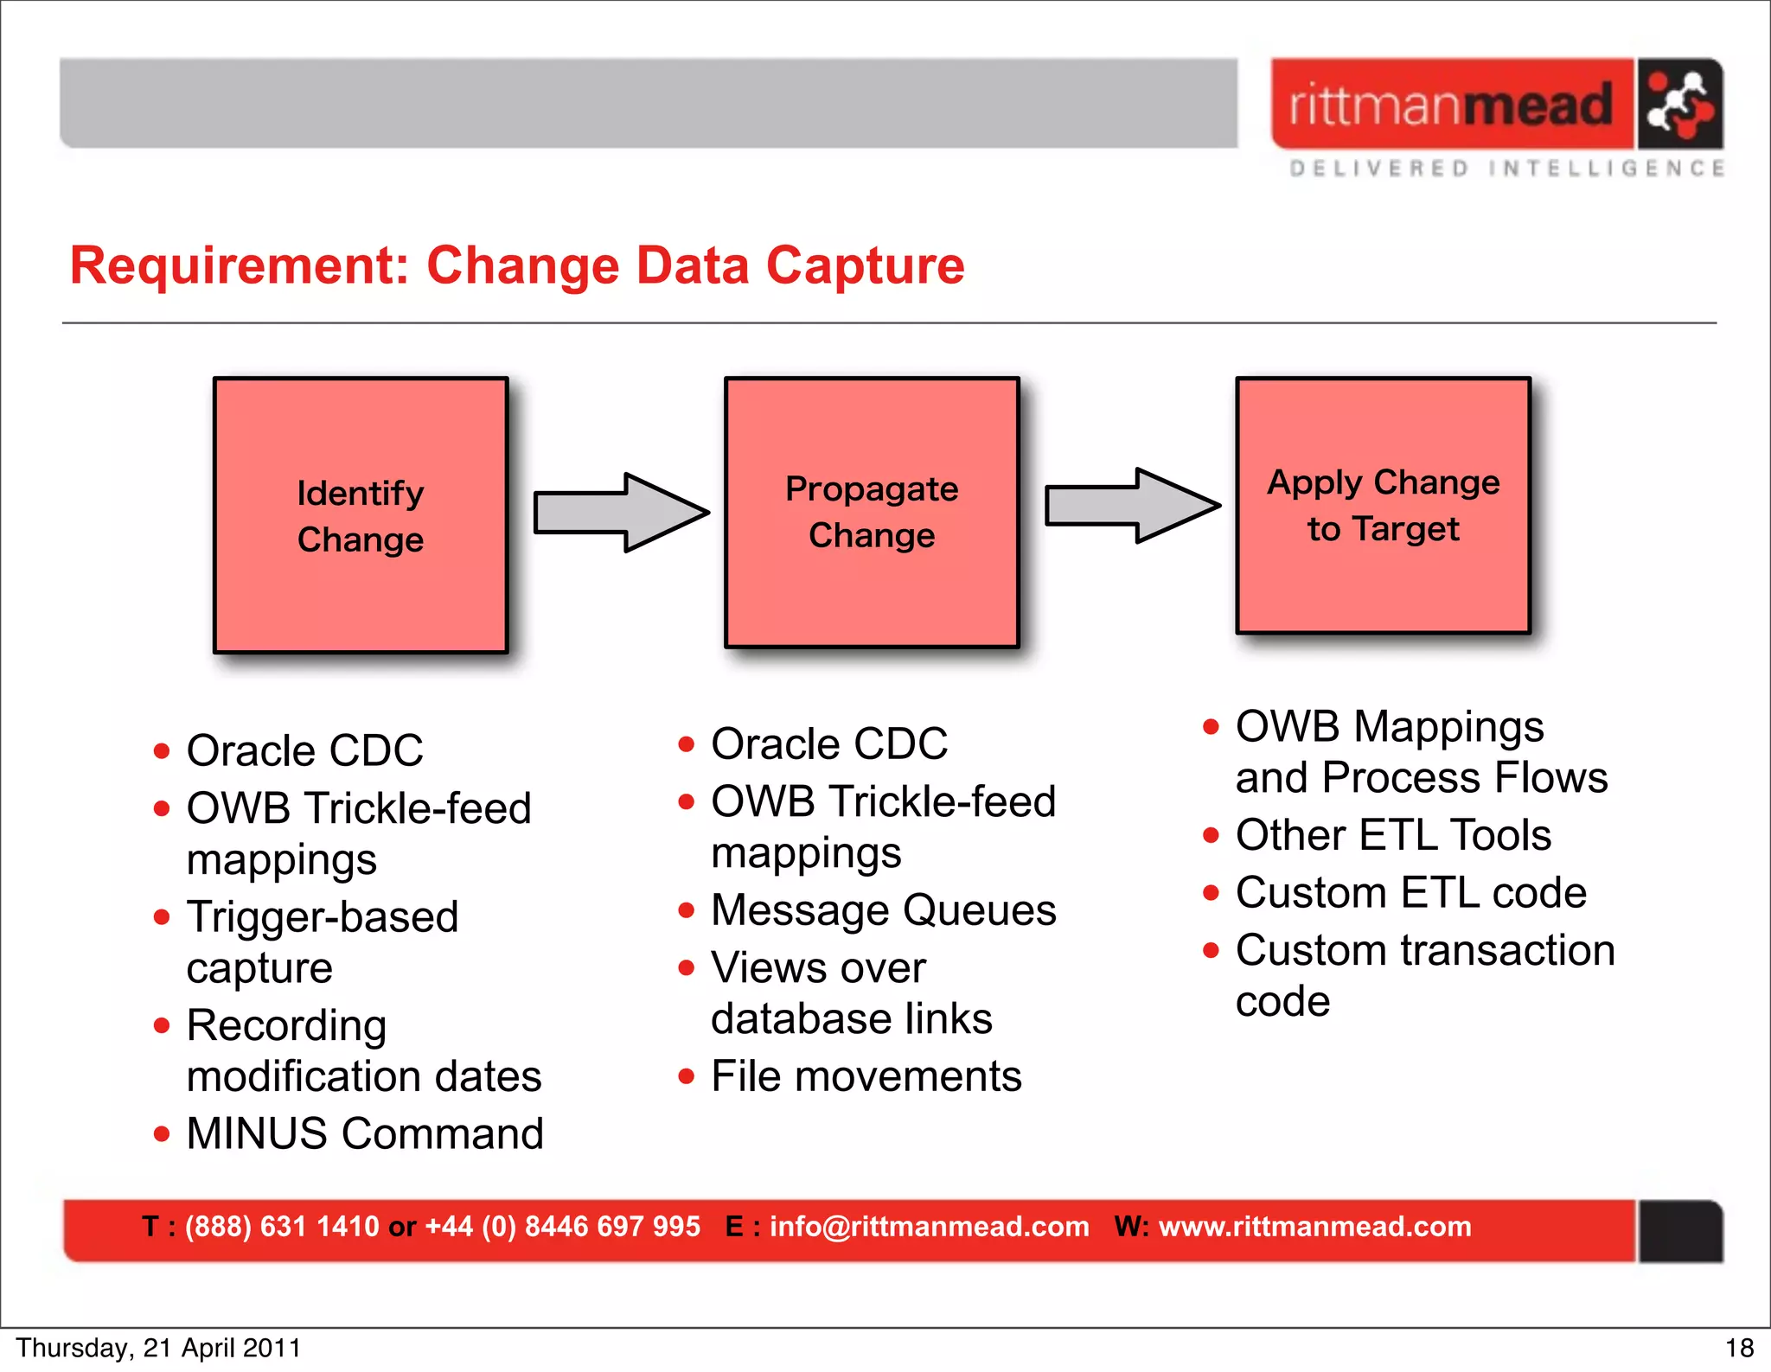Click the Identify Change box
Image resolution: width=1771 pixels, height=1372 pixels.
click(361, 515)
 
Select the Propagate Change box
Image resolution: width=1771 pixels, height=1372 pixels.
click(872, 512)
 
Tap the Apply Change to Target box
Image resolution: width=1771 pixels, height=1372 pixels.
click(1383, 506)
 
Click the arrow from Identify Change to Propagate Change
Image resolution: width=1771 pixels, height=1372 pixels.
click(621, 513)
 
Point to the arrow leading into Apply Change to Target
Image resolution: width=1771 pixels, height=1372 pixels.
click(1132, 506)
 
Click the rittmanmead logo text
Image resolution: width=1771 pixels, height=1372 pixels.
click(1451, 105)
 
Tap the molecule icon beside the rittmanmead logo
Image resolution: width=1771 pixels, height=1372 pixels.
click(1678, 105)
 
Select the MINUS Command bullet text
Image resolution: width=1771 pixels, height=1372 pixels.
click(365, 1133)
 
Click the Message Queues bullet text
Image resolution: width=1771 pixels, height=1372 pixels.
click(883, 910)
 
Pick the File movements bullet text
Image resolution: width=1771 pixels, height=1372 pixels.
click(866, 1076)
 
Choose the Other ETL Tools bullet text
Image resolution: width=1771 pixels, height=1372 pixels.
click(1393, 835)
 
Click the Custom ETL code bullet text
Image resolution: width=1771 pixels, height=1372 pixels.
click(1410, 892)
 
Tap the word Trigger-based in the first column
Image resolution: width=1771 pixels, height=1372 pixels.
click(323, 916)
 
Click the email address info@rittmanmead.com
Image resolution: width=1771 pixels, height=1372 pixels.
click(929, 1227)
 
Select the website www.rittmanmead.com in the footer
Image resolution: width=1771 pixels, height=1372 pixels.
click(1314, 1227)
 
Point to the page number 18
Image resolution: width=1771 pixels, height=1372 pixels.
click(1739, 1348)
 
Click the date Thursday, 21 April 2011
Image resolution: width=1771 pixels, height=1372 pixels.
click(158, 1348)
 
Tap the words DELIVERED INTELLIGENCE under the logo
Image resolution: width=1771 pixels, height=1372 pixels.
click(1506, 168)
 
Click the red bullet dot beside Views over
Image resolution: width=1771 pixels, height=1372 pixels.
click(687, 968)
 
